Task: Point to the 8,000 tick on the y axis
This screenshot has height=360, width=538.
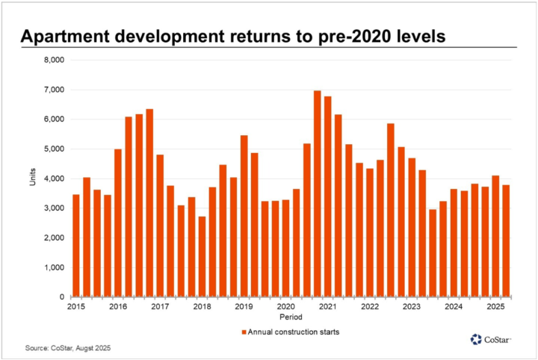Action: pyautogui.click(x=55, y=60)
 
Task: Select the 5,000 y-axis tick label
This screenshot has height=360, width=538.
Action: pyautogui.click(x=55, y=149)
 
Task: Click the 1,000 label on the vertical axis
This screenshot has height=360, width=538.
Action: pyautogui.click(x=55, y=267)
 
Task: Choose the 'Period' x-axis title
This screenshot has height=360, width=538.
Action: pyautogui.click(x=292, y=317)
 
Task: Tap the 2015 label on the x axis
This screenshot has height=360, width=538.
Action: pyautogui.click(x=75, y=307)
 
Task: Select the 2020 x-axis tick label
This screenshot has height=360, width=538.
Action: pyautogui.click(x=285, y=307)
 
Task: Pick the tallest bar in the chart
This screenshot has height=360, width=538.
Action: pyautogui.click(x=318, y=193)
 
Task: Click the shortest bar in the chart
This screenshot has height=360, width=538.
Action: pyautogui.click(x=202, y=257)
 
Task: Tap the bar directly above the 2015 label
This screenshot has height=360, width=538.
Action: pyautogui.click(x=75, y=246)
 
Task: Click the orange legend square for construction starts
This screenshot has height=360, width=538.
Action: pyautogui.click(x=244, y=331)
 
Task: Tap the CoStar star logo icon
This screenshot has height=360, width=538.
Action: pyautogui.click(x=477, y=340)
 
